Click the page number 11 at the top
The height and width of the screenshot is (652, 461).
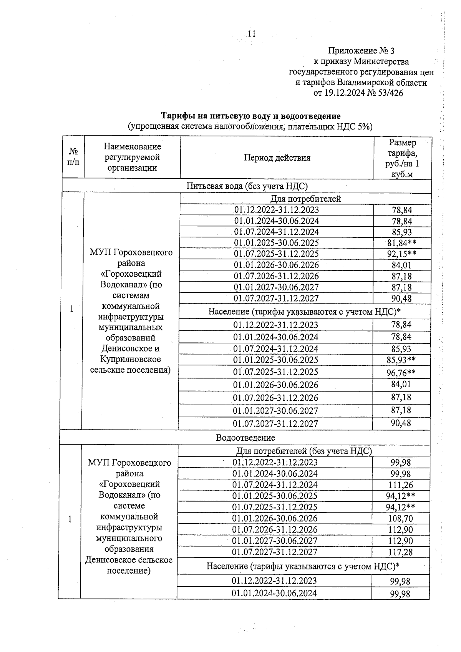[x=252, y=34]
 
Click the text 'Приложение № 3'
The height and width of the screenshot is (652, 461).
[x=361, y=51]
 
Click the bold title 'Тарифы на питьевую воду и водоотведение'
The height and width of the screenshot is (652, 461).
[x=250, y=116]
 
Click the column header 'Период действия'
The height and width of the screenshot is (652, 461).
[x=277, y=158]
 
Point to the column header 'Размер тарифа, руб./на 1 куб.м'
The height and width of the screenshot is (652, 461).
[x=402, y=158]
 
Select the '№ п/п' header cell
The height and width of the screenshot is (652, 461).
[x=73, y=157]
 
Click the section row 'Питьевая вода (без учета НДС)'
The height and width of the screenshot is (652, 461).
[x=247, y=186]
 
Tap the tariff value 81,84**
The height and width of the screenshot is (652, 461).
[x=402, y=243]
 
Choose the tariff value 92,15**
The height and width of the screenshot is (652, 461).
[x=402, y=254]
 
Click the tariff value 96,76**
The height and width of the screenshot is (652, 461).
[x=401, y=372]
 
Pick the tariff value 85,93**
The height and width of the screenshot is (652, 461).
[x=401, y=360]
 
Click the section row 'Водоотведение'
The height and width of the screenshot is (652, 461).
[x=245, y=438]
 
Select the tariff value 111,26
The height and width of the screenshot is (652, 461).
[x=400, y=485]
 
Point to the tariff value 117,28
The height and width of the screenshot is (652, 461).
[x=400, y=552]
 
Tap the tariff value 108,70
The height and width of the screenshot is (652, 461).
[x=400, y=519]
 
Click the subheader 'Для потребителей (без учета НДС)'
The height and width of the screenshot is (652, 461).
[x=303, y=451]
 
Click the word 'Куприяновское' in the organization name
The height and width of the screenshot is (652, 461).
[x=130, y=359]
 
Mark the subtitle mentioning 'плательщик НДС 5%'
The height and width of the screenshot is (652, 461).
[x=250, y=126]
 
